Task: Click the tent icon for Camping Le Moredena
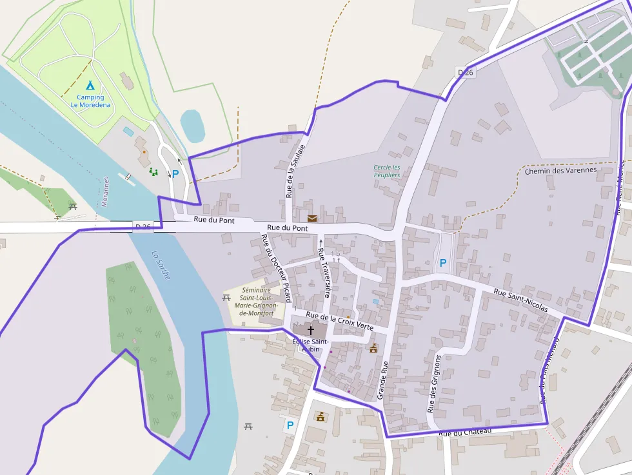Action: [90, 85]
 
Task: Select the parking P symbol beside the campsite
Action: [175, 173]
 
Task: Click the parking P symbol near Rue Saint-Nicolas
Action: [442, 263]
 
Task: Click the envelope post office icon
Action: [312, 218]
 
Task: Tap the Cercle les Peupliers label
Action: [387, 171]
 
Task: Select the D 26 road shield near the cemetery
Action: [466, 72]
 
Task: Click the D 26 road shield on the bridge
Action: [143, 226]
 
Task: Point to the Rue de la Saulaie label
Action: [294, 171]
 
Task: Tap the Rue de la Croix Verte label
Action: [339, 320]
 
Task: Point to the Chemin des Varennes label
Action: [560, 171]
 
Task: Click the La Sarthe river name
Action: [161, 264]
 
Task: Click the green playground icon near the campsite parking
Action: [153, 171]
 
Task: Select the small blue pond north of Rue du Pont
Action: [192, 126]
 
